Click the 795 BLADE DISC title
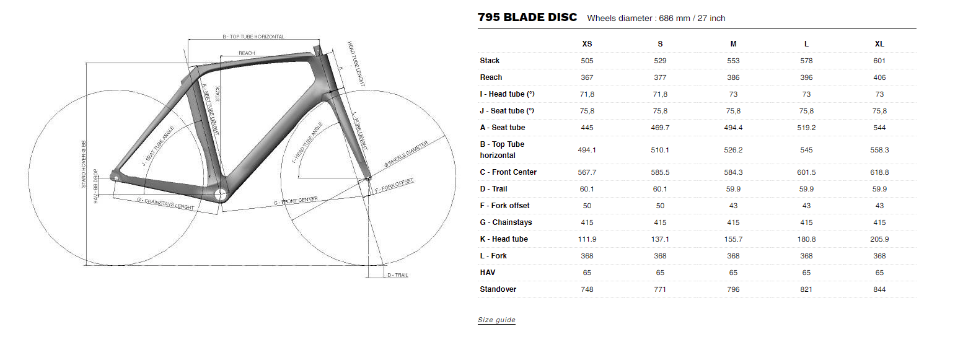[527, 17]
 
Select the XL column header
[879, 44]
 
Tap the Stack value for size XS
[587, 61]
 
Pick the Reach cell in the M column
[733, 77]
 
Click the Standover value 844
[879, 289]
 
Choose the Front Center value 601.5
[806, 172]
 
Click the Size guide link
[496, 320]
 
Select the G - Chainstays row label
[506, 222]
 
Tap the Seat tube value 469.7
[660, 128]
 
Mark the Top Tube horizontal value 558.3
[879, 150]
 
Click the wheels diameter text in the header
[656, 19]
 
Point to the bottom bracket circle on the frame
[221, 195]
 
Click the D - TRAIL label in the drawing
[397, 275]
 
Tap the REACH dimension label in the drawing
[247, 54]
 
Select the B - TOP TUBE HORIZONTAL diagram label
[253, 37]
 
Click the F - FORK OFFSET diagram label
[394, 184]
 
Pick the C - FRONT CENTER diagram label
[296, 201]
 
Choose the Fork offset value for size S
[660, 206]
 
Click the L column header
[806, 44]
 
